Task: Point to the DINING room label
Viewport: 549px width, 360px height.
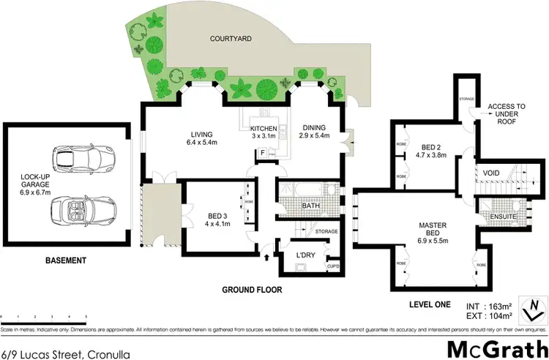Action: pyautogui.click(x=313, y=132)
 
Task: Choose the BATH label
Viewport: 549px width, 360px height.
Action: pyautogui.click(x=310, y=206)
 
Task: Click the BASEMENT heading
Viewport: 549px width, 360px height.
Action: pyautogui.click(x=64, y=260)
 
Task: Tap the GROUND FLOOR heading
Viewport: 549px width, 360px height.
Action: pyautogui.click(x=253, y=289)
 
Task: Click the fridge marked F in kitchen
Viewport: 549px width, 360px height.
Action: pyautogui.click(x=262, y=153)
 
